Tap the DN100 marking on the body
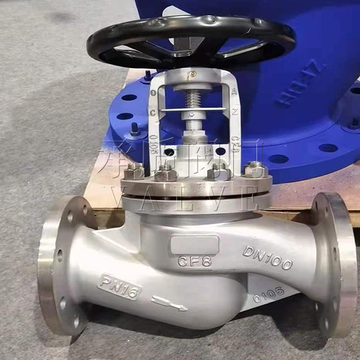click(x=267, y=257)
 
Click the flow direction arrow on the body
click(x=169, y=303)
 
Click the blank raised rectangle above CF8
click(x=194, y=244)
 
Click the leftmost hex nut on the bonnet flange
click(x=134, y=171)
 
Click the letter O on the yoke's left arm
click(x=154, y=93)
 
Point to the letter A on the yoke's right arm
click(x=234, y=92)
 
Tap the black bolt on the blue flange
click(x=136, y=128)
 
